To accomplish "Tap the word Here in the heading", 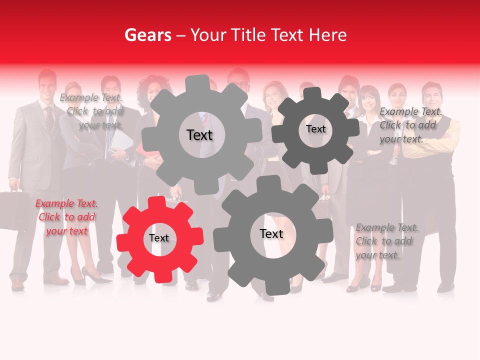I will (328, 35).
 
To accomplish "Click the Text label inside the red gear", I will (159, 238).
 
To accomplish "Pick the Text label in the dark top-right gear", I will (315, 129).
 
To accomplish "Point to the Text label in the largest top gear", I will (199, 135).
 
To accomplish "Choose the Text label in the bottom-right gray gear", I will (271, 234).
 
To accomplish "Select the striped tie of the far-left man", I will (50, 120).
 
